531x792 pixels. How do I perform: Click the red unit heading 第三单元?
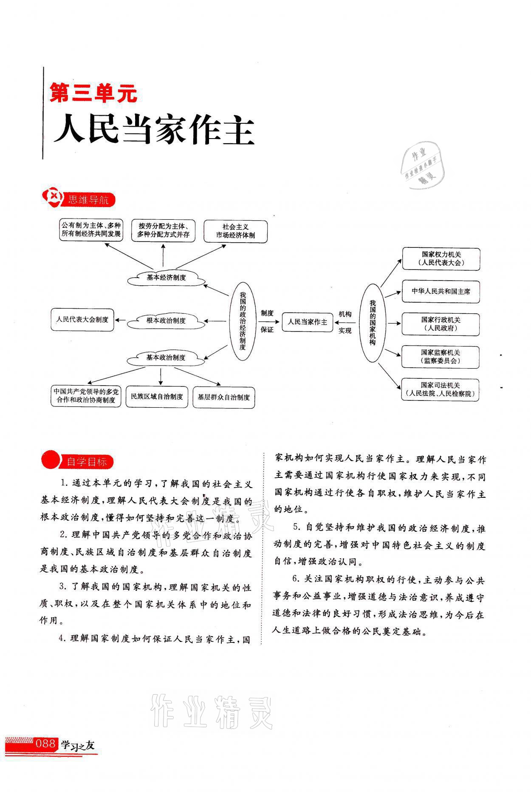(94, 92)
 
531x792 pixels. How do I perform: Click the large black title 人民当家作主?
(154, 129)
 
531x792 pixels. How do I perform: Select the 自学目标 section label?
(86, 462)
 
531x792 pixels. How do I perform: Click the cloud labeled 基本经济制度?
(166, 278)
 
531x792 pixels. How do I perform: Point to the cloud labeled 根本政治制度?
(166, 321)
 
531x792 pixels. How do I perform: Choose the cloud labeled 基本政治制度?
(166, 358)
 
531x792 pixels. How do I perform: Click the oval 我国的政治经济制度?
(243, 321)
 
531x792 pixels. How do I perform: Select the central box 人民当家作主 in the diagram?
(308, 322)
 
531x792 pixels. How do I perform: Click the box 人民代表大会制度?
(82, 319)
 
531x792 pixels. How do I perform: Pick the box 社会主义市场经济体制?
(235, 231)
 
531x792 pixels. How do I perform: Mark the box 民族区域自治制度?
(157, 397)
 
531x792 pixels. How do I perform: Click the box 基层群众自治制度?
(223, 397)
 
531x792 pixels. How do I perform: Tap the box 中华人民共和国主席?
(441, 291)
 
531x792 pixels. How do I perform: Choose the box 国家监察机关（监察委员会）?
(441, 357)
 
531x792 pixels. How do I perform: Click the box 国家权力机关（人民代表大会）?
(441, 259)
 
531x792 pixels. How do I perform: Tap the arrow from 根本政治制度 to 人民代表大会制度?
(121, 320)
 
